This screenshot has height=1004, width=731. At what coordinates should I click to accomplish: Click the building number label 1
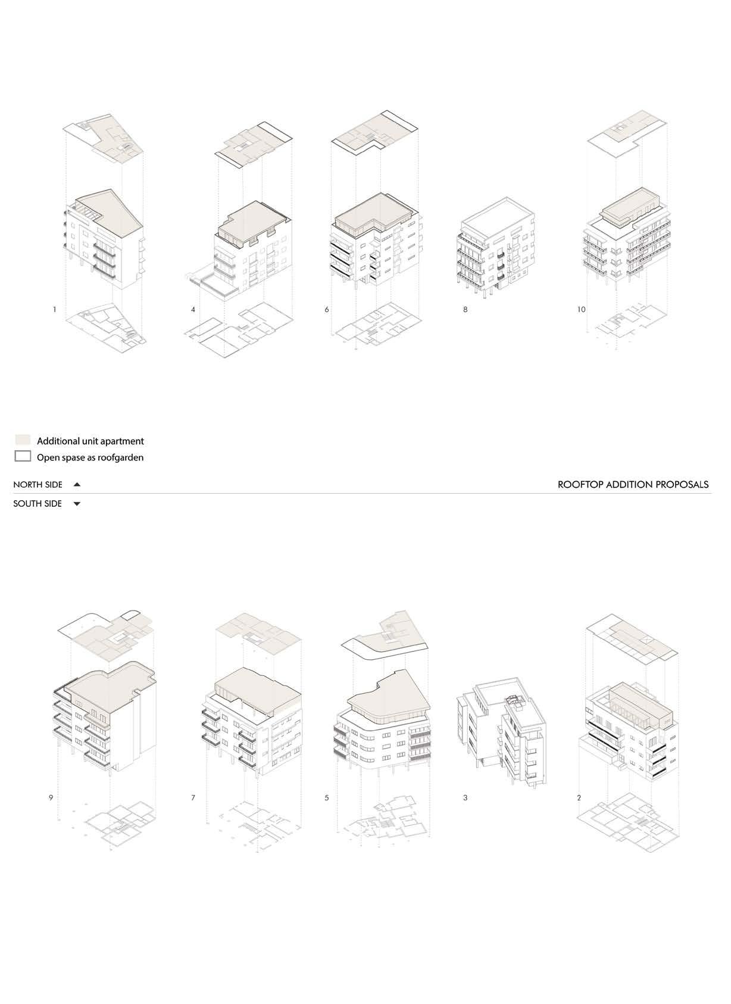click(54, 310)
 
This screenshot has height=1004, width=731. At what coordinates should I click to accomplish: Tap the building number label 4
click(193, 310)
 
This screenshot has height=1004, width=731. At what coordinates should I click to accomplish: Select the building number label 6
click(327, 310)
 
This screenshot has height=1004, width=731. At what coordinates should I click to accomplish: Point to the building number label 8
click(466, 310)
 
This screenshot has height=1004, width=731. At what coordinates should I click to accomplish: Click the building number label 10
click(581, 310)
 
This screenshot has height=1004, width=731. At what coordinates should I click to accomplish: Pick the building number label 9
click(51, 797)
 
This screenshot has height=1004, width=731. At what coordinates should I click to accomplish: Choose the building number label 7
click(193, 797)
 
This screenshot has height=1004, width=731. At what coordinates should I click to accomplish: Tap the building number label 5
click(327, 797)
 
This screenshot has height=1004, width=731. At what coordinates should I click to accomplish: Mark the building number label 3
click(466, 797)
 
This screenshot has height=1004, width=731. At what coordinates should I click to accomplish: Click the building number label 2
click(579, 797)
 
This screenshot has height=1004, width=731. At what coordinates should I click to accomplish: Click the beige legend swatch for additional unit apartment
click(23, 441)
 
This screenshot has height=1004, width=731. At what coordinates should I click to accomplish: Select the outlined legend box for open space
click(23, 457)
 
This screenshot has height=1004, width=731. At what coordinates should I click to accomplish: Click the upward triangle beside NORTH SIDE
click(77, 485)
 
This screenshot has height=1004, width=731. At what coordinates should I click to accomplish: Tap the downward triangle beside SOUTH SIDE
click(77, 504)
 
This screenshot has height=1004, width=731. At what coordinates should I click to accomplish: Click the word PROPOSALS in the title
click(682, 485)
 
